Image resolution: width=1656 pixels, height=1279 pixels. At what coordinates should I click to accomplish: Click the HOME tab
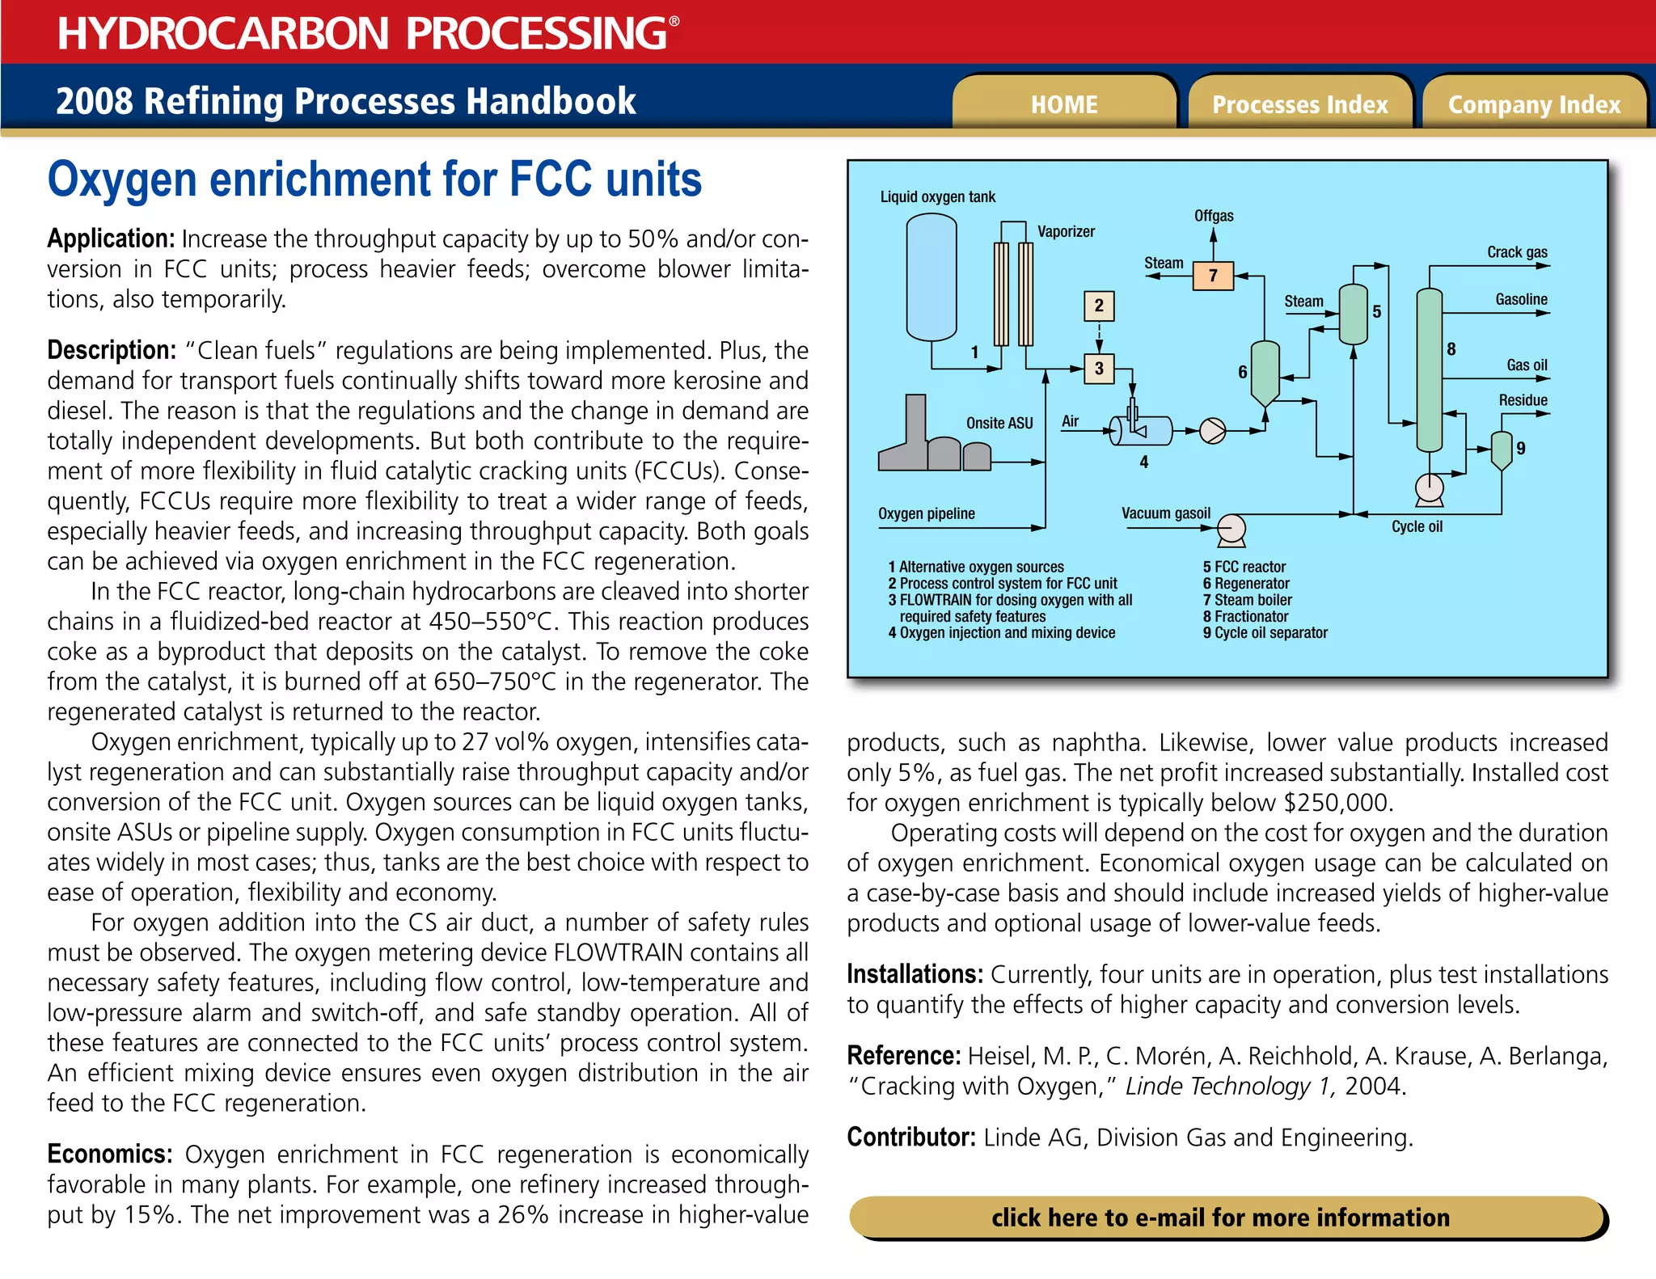pyautogui.click(x=1063, y=104)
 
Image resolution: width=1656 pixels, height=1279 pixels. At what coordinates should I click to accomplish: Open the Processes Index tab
pyautogui.click(x=1299, y=104)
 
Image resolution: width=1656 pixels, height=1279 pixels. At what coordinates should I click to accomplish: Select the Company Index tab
pyautogui.click(x=1534, y=104)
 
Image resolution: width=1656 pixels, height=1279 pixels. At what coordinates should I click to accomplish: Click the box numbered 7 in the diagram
pyautogui.click(x=1213, y=276)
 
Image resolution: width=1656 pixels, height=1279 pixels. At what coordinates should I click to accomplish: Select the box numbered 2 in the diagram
pyautogui.click(x=1099, y=306)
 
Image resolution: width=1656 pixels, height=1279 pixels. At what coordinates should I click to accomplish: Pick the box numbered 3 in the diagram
pyautogui.click(x=1099, y=369)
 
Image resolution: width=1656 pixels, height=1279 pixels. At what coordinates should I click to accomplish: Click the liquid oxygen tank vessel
pyautogui.click(x=931, y=277)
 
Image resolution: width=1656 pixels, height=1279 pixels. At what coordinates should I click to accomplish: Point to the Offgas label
pyautogui.click(x=1214, y=216)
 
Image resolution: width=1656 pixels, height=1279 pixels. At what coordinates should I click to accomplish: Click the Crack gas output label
pyautogui.click(x=1517, y=252)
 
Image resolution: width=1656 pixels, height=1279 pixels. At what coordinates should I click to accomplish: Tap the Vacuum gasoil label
pyautogui.click(x=1165, y=513)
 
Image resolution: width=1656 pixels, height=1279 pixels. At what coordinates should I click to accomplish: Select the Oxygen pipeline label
pyautogui.click(x=926, y=513)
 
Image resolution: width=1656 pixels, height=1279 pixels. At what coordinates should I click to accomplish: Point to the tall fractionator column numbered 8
pyautogui.click(x=1429, y=369)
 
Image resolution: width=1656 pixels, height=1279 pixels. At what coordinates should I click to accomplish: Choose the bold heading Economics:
pyautogui.click(x=110, y=1154)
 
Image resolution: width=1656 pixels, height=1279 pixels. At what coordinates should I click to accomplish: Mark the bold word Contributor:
pyautogui.click(x=911, y=1138)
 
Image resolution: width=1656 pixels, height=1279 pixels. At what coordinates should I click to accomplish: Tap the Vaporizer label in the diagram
pyautogui.click(x=1066, y=232)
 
